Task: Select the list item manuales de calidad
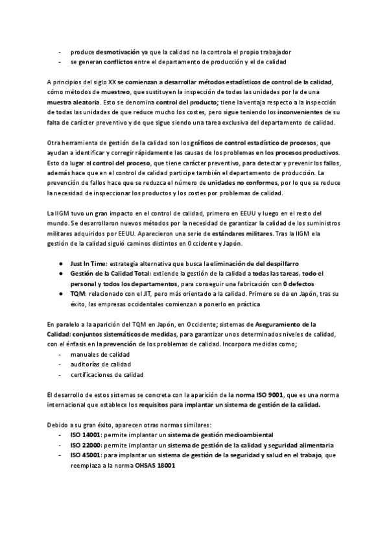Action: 100,354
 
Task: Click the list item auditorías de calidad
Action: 100,365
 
